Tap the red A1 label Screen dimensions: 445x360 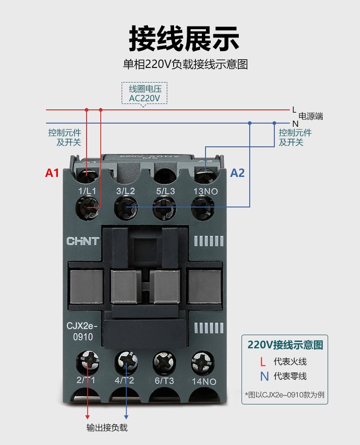coord(52,173)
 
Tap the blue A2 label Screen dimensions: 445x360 coord(237,173)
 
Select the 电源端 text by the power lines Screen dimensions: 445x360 coord(311,116)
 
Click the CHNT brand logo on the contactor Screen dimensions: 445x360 coord(83,241)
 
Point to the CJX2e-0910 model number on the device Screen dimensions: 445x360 coord(82,332)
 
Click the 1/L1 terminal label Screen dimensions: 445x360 coord(87,191)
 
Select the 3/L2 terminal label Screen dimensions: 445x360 coord(126,191)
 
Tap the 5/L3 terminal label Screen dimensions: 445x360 coord(165,191)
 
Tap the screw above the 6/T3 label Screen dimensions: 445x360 coord(164,362)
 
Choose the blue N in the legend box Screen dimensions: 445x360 coord(264,377)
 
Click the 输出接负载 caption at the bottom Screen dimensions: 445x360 coord(107,428)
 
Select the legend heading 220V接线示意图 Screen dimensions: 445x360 coord(285,345)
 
